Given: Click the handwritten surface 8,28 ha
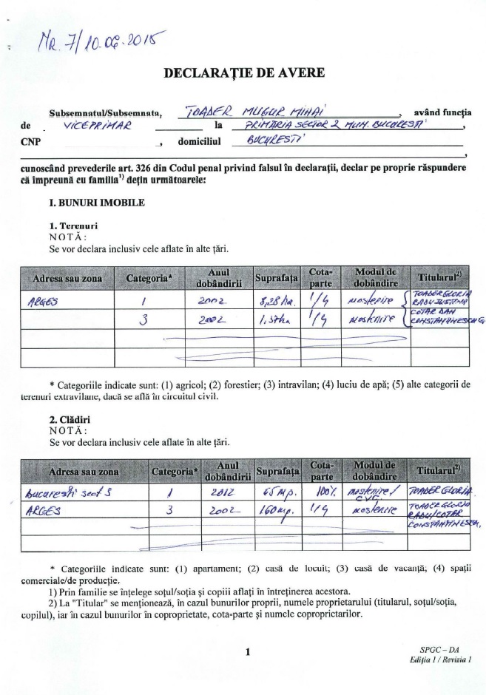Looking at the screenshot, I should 271,301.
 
